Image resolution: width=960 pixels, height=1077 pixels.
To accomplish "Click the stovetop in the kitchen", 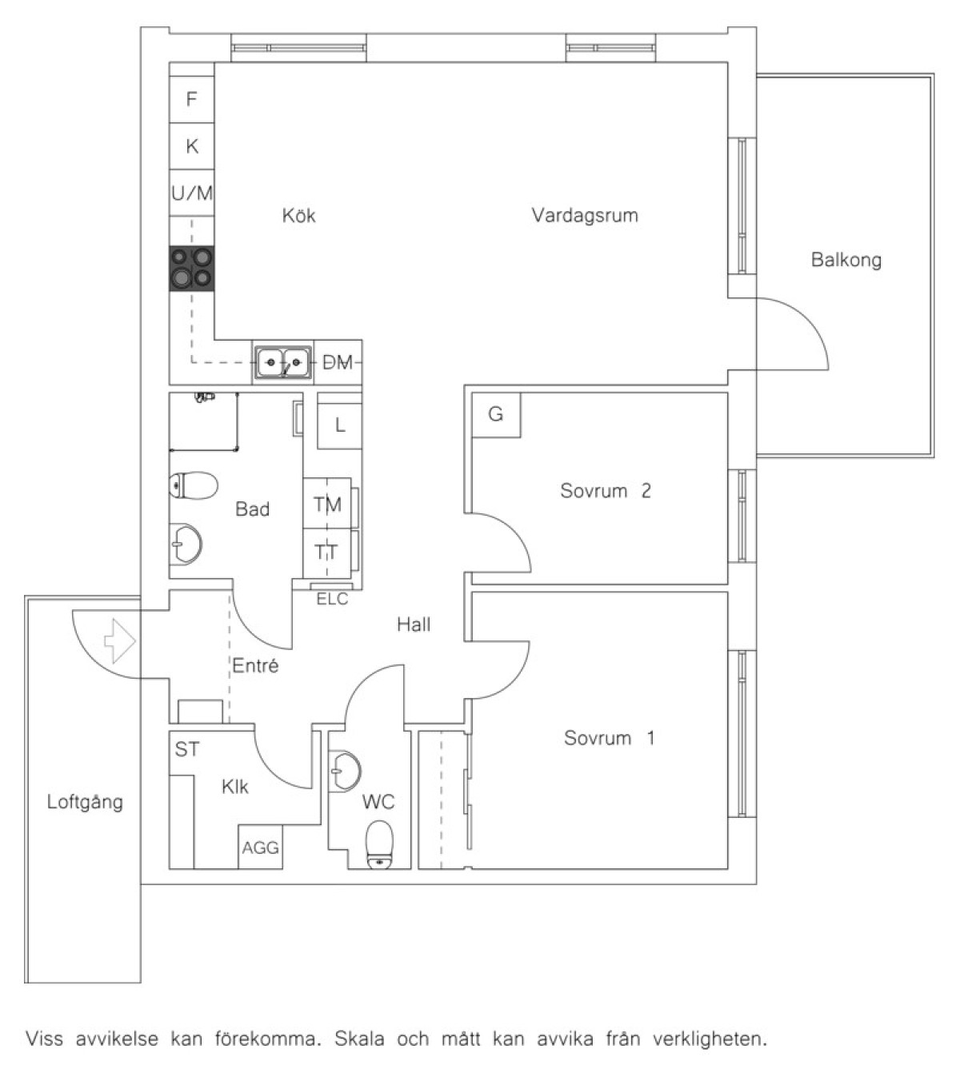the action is point(191,269).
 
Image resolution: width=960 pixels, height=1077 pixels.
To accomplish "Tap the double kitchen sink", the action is point(283,362).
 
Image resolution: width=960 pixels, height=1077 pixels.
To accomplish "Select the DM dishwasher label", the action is point(338,363).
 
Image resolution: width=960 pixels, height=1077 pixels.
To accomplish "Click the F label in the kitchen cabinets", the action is point(191,99).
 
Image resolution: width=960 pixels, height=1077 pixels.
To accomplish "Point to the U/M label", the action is point(192,193).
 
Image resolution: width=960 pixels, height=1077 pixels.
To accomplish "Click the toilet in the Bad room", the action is point(194,485).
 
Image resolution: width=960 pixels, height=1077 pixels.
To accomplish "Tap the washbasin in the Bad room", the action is point(186,544).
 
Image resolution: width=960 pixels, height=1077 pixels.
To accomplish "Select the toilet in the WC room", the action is point(379,846).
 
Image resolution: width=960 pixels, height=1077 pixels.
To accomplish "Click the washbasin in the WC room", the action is point(345,771).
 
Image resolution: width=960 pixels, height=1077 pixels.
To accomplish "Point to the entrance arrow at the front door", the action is point(120,641).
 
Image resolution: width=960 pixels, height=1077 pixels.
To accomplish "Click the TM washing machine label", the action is point(327,505).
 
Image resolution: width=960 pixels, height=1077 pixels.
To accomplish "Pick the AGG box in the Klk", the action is point(260,848).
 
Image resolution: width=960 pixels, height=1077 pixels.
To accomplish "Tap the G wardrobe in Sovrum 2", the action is point(496,415).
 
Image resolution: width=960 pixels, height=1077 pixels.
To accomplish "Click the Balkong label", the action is point(846,260).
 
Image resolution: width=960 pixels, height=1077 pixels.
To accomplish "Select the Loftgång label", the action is point(85,802).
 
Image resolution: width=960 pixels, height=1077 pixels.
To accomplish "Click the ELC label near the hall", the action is point(333,599).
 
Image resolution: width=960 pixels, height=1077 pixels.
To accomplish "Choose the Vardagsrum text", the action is point(585,215).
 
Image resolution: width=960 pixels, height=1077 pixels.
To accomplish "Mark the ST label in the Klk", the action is point(187,749).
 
